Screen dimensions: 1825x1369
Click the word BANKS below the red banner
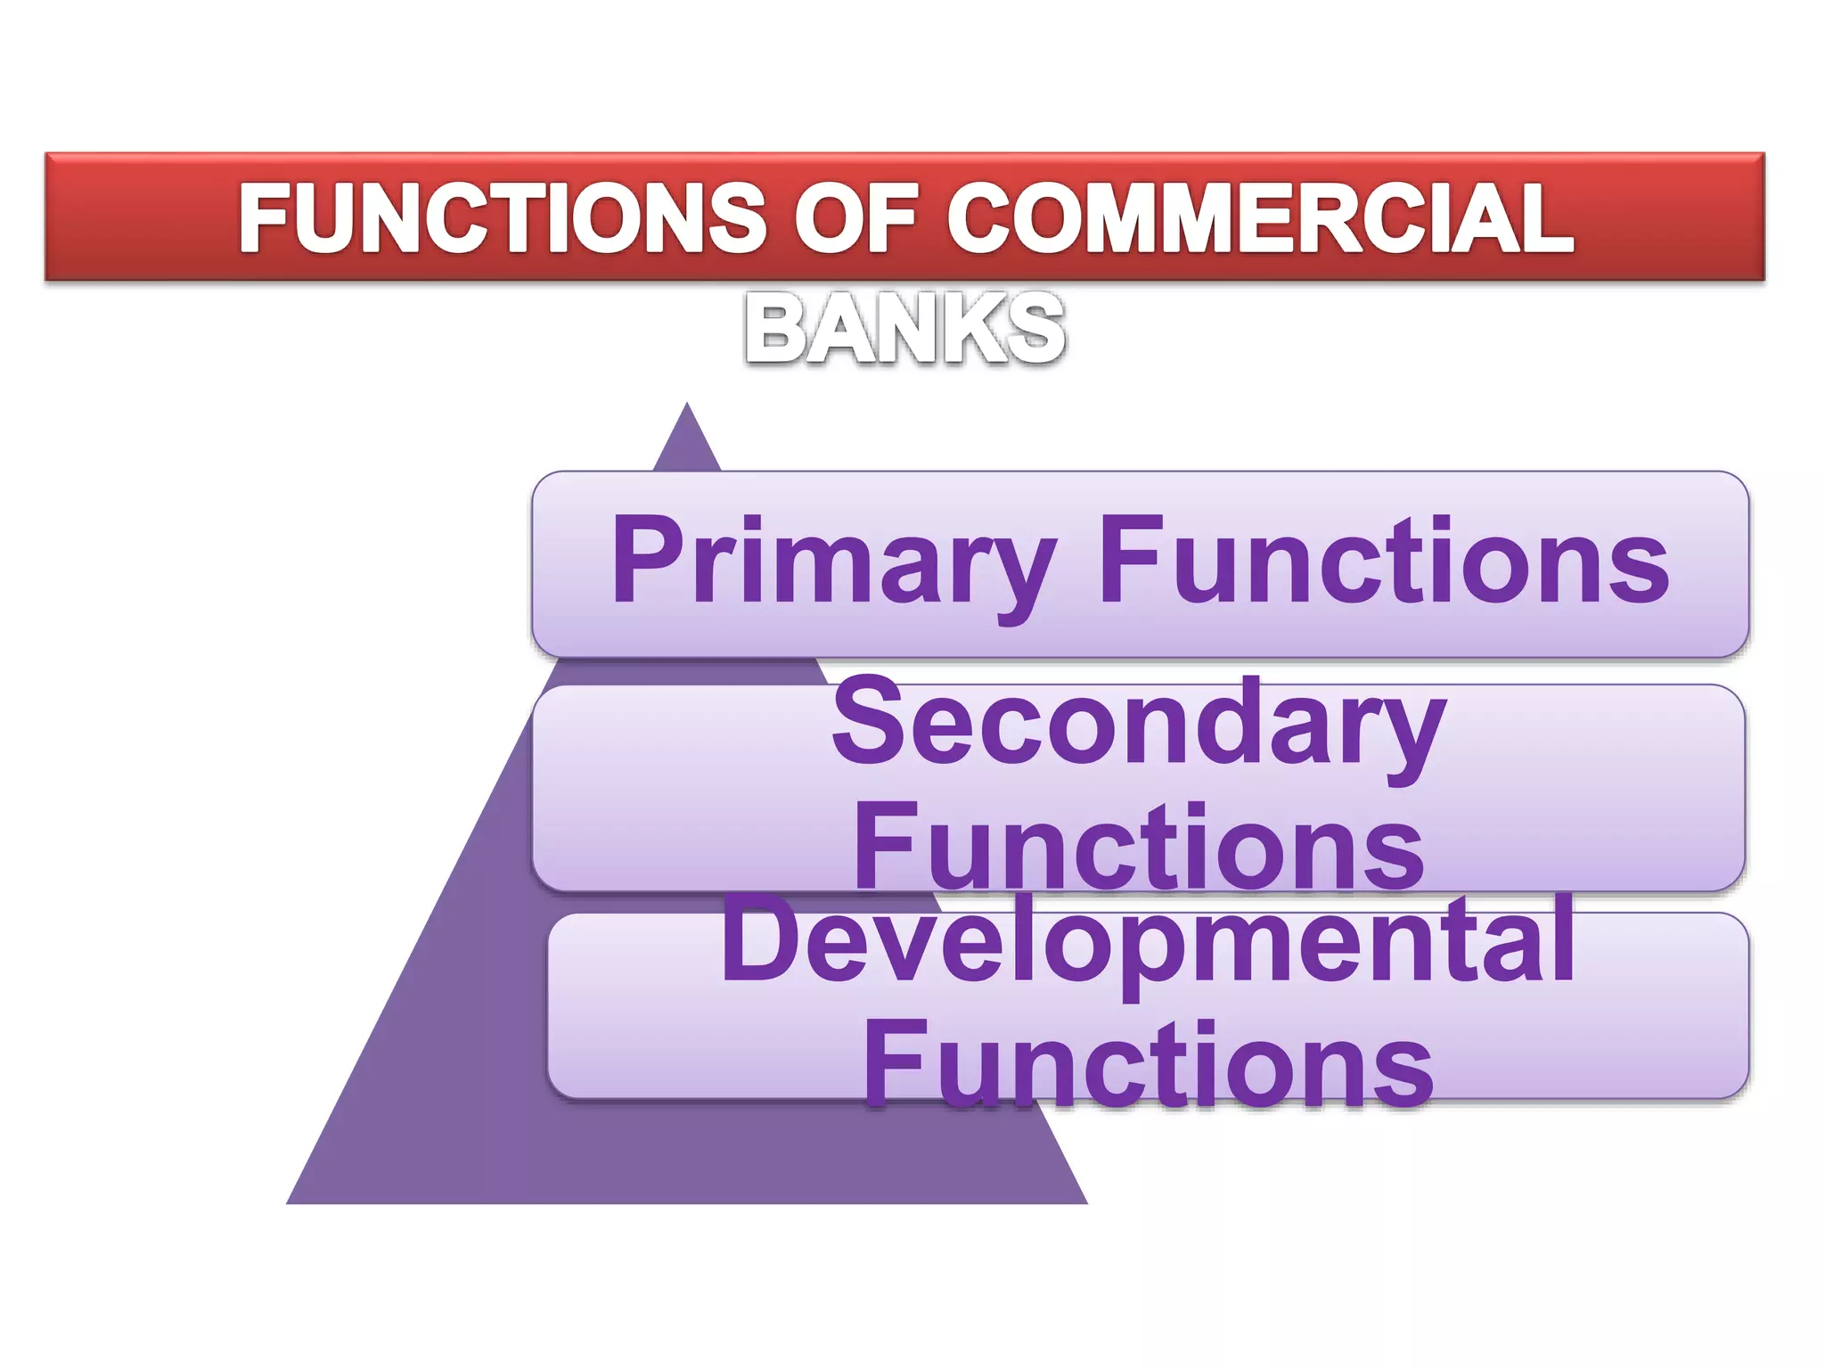pyautogui.click(x=904, y=329)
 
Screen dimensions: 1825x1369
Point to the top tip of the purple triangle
pyautogui.click(x=686, y=406)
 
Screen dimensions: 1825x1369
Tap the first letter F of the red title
pyautogui.click(x=266, y=217)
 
